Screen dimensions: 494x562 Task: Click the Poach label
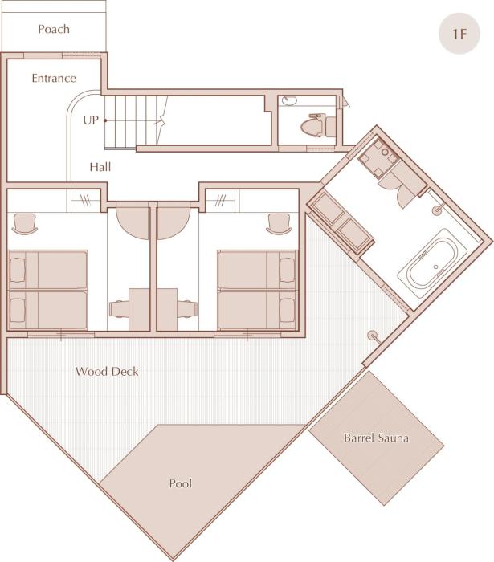point(54,29)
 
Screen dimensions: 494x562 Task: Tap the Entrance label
point(54,78)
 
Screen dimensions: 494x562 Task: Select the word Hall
point(100,167)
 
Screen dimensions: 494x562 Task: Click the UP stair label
point(91,120)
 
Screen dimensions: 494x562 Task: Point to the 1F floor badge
point(459,34)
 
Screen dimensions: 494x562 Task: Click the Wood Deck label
point(107,371)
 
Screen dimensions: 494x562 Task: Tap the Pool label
point(181,483)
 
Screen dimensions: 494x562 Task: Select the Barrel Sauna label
point(376,438)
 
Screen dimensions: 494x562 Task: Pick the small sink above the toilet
point(289,100)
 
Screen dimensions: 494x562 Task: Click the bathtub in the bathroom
point(432,263)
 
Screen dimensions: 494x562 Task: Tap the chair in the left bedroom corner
point(24,223)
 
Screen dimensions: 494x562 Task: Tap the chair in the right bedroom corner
point(278,223)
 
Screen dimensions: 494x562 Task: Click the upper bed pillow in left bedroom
point(17,271)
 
